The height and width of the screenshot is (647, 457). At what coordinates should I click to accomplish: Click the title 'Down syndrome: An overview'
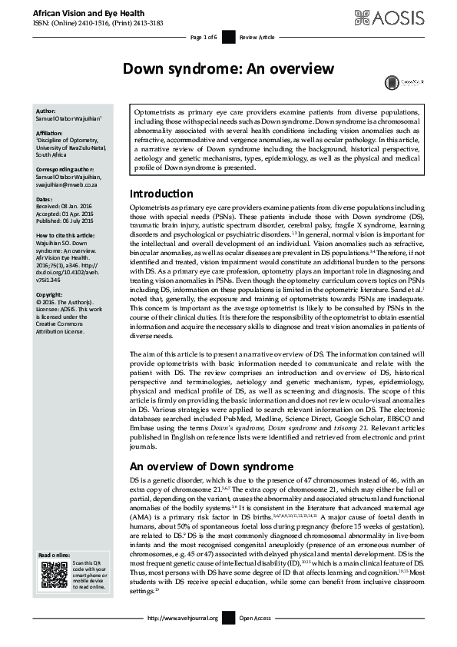coord(228,68)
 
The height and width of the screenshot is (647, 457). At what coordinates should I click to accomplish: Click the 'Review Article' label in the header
coord(255,36)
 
